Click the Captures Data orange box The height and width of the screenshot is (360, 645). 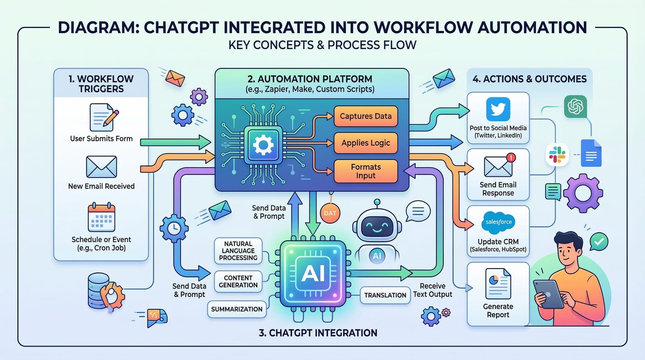[x=365, y=116]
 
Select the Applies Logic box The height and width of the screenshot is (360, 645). [x=365, y=143]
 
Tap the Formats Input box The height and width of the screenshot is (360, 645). [x=365, y=171]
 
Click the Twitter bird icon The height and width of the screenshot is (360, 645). [x=498, y=109]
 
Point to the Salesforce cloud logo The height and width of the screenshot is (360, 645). [x=498, y=222]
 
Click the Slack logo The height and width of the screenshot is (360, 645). [x=557, y=155]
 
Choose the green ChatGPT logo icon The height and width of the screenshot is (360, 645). [x=575, y=106]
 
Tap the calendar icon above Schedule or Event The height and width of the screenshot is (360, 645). [x=101, y=217]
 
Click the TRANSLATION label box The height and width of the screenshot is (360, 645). [x=385, y=295]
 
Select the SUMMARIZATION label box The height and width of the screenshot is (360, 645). [x=237, y=309]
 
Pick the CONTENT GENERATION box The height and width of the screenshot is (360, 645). [x=238, y=282]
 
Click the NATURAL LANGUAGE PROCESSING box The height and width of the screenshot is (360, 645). [x=238, y=251]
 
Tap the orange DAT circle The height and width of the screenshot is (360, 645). [x=330, y=213]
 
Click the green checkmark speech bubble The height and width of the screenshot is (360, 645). [x=599, y=241]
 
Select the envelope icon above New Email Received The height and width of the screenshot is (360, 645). [x=101, y=167]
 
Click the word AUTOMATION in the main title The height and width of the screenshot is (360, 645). [x=532, y=27]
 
